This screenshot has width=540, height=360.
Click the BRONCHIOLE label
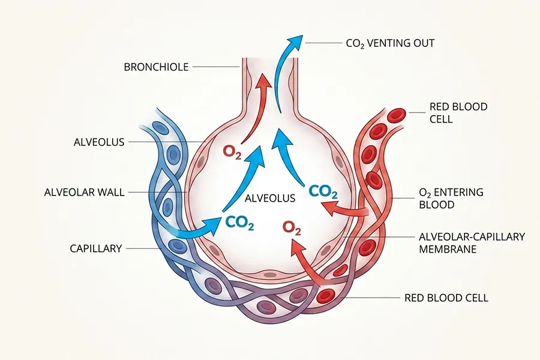coord(156,67)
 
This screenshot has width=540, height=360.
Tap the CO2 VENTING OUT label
coord(390,43)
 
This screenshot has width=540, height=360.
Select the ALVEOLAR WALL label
coord(84,193)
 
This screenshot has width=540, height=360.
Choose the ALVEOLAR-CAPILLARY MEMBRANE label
coord(471,242)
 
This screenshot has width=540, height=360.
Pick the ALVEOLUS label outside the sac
coord(98,142)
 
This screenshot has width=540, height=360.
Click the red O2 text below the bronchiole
coord(233,151)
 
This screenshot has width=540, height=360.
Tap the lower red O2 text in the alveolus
coord(292,229)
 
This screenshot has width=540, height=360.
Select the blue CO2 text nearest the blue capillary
coord(240,223)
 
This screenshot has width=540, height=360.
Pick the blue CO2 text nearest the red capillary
coord(323,192)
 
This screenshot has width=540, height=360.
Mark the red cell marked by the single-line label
coord(326,295)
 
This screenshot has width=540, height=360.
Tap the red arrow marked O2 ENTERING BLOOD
coord(348,210)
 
